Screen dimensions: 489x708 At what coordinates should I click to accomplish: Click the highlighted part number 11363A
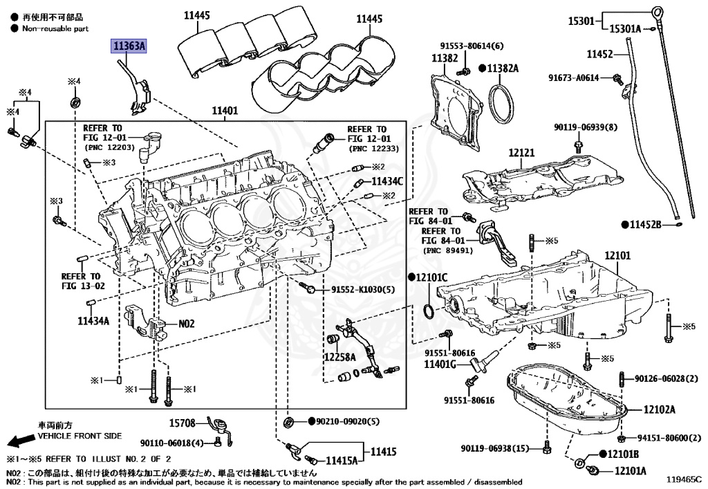coord(130,46)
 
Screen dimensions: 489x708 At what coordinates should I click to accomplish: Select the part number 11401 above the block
coord(224,110)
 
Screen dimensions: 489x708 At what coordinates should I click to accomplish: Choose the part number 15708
coord(183,421)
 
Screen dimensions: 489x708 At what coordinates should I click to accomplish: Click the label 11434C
coord(387,181)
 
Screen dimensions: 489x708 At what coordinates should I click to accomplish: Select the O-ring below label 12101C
coord(429,312)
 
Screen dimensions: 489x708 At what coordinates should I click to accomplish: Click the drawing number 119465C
coord(683,477)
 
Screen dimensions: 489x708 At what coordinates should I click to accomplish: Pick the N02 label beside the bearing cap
coord(187,323)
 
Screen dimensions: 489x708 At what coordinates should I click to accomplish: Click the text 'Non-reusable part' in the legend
coord(55,28)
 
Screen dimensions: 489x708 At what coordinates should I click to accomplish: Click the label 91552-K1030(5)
coord(362,290)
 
